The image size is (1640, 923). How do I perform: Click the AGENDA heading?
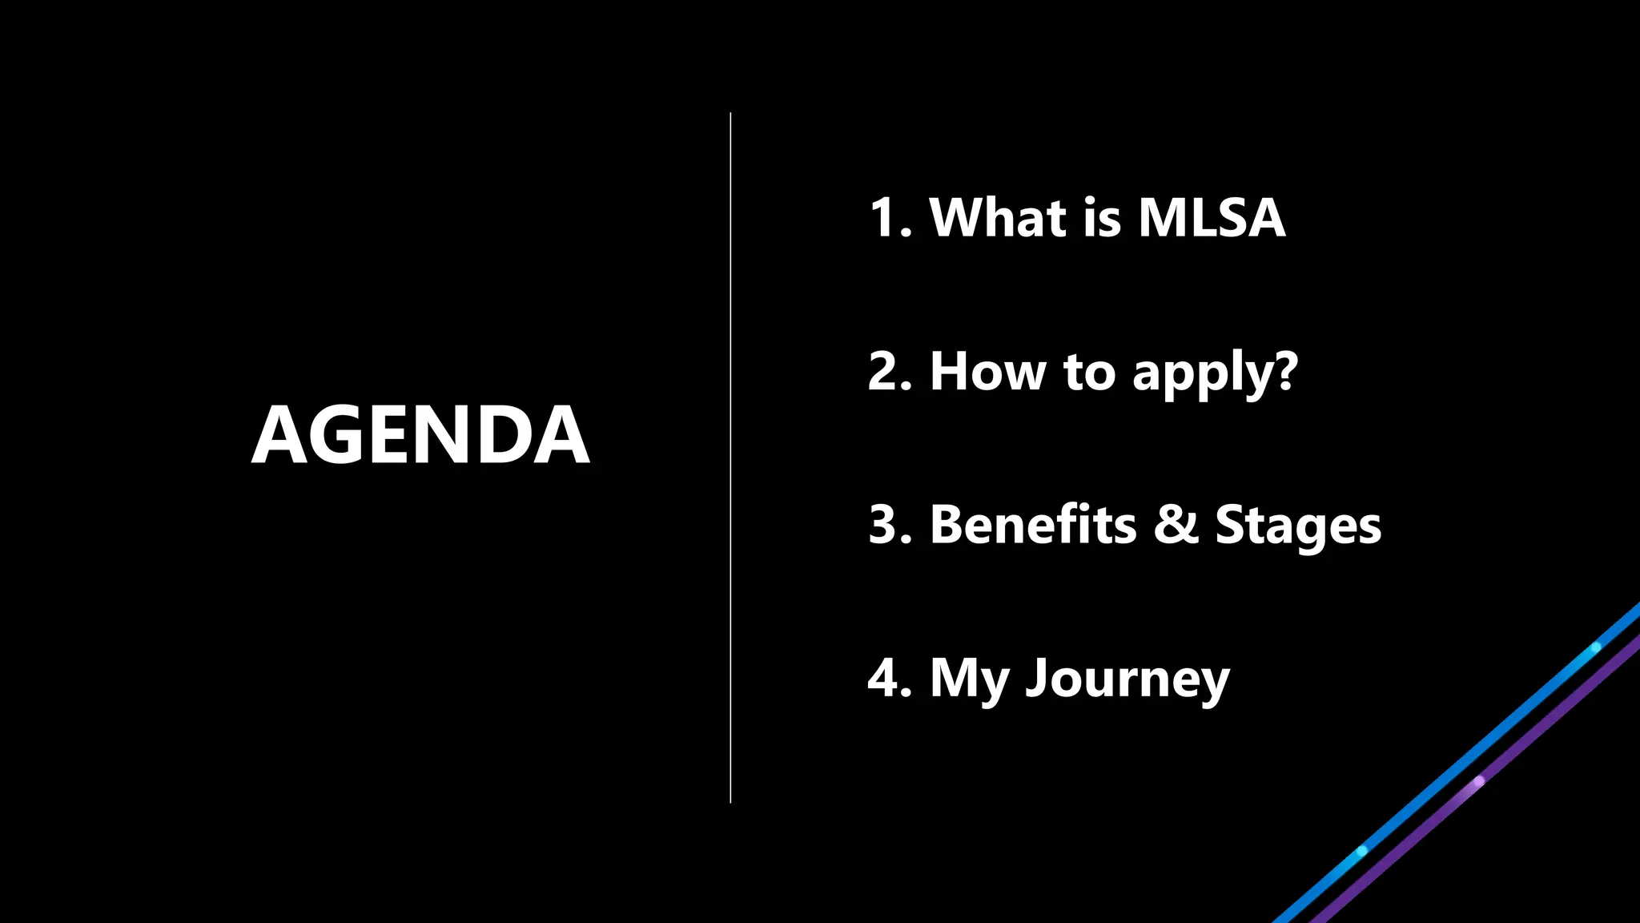421,435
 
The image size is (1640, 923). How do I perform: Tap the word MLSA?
1212,217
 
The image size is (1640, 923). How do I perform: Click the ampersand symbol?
1176,525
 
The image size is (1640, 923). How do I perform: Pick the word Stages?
1298,526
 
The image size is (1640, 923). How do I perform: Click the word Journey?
1127,679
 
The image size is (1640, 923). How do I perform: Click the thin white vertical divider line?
730,457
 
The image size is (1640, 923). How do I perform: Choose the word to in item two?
1089,373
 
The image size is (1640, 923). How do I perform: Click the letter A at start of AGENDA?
279,435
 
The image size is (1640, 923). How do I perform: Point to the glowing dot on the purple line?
1479,780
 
